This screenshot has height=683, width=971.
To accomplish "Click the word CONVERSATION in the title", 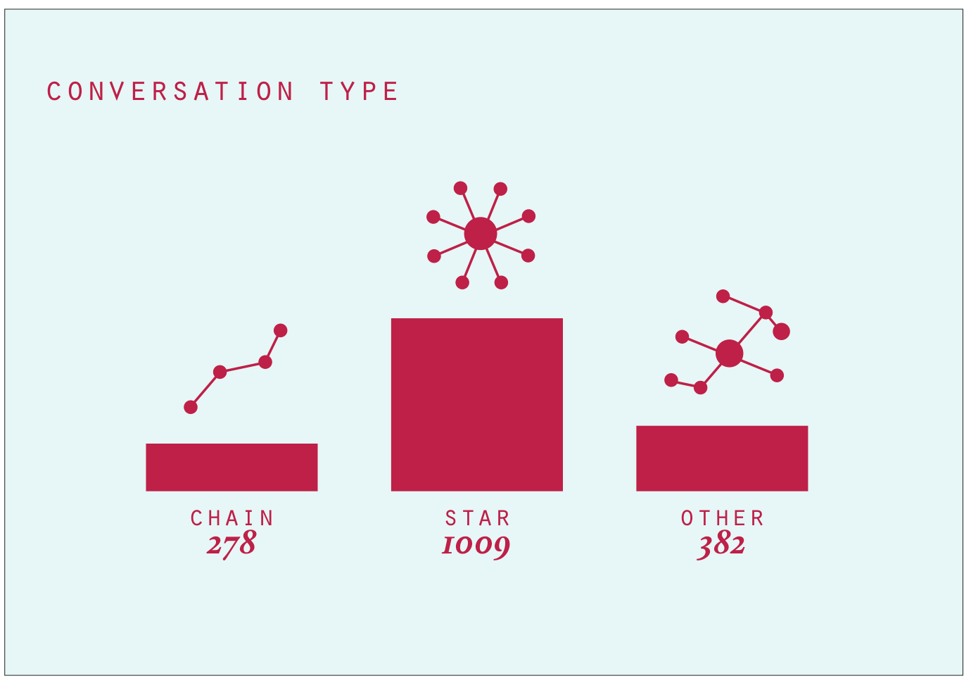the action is [170, 92].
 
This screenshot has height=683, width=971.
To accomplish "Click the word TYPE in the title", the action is [359, 92].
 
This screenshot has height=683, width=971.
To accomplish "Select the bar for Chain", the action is [232, 468].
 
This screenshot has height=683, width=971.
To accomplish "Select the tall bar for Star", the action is [477, 405].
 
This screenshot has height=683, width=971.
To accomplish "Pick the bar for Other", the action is [722, 458].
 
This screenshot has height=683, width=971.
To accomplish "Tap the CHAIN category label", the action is [232, 518].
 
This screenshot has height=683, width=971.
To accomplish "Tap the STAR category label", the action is [477, 518].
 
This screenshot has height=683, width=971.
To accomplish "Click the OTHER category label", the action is [722, 518].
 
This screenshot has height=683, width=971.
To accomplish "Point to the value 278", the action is [231, 545].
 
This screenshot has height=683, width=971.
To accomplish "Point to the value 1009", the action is [476, 546].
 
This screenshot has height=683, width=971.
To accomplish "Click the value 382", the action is [721, 546].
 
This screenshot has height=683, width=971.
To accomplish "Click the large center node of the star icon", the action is [481, 234].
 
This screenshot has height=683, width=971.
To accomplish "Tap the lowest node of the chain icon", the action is [191, 407].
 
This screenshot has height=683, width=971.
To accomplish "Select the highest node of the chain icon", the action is [281, 330].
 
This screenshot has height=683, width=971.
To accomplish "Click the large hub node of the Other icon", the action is [730, 353].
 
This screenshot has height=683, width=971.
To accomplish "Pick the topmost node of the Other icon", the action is [723, 296].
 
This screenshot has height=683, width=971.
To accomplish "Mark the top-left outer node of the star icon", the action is [460, 188].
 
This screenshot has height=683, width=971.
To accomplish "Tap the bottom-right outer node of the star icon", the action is [501, 282].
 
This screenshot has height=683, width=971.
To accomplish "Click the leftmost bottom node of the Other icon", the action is [671, 380].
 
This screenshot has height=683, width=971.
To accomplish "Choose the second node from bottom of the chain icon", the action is [220, 372].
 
